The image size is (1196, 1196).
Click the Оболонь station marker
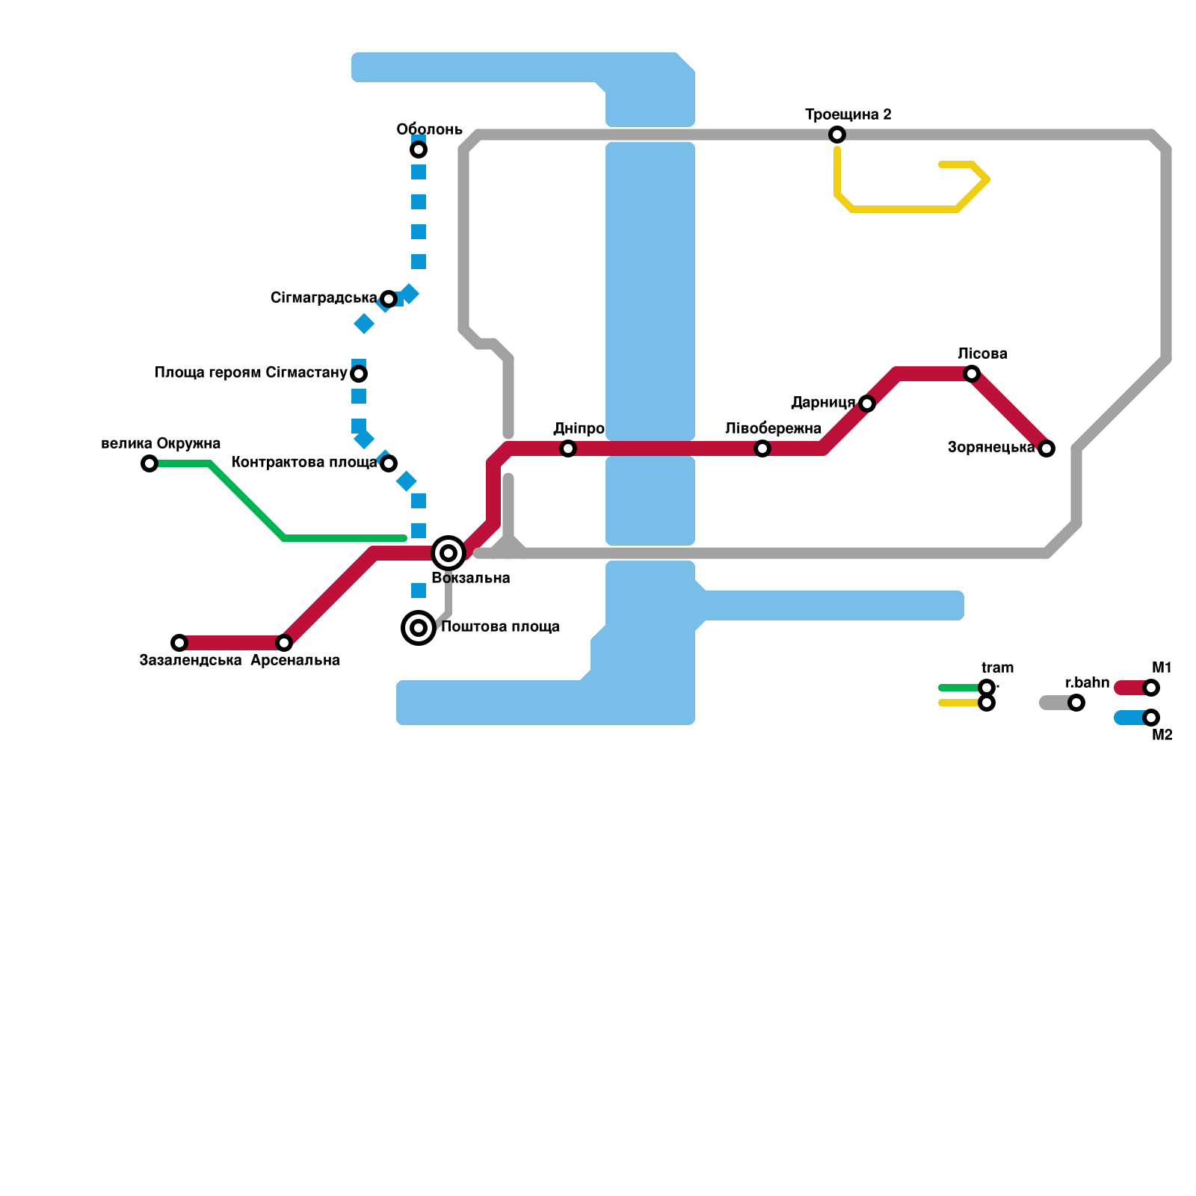click(419, 150)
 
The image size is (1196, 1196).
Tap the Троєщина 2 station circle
click(837, 135)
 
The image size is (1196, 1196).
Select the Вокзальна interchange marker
click(449, 553)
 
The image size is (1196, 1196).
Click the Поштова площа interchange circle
click(419, 628)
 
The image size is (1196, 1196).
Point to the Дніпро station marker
click(568, 449)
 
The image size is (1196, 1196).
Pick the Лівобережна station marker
click(762, 449)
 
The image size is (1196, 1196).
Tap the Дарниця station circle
click(867, 404)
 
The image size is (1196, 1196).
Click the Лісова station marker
click(972, 374)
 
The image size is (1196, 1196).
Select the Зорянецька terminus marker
click(1046, 449)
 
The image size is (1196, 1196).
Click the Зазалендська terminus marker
click(179, 643)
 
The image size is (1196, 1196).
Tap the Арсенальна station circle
click(284, 643)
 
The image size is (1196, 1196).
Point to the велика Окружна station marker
click(149, 463)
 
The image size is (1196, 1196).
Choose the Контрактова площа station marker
click(389, 463)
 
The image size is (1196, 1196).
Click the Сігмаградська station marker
click(389, 299)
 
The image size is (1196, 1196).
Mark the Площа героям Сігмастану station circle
click(359, 374)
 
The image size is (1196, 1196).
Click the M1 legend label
click(1162, 668)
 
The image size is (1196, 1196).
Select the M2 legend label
click(1162, 736)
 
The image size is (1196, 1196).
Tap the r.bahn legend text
click(1087, 683)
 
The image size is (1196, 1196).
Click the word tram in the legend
click(997, 668)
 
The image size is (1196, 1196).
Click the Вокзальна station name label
click(471, 579)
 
